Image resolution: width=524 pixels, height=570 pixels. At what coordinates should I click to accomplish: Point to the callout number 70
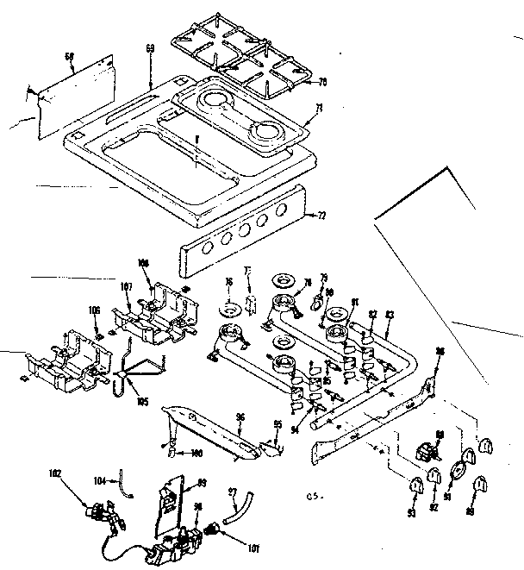[322, 83]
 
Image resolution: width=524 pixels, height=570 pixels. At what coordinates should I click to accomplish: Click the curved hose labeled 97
[236, 508]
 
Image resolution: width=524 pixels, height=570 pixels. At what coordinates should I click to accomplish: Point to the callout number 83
[390, 315]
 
